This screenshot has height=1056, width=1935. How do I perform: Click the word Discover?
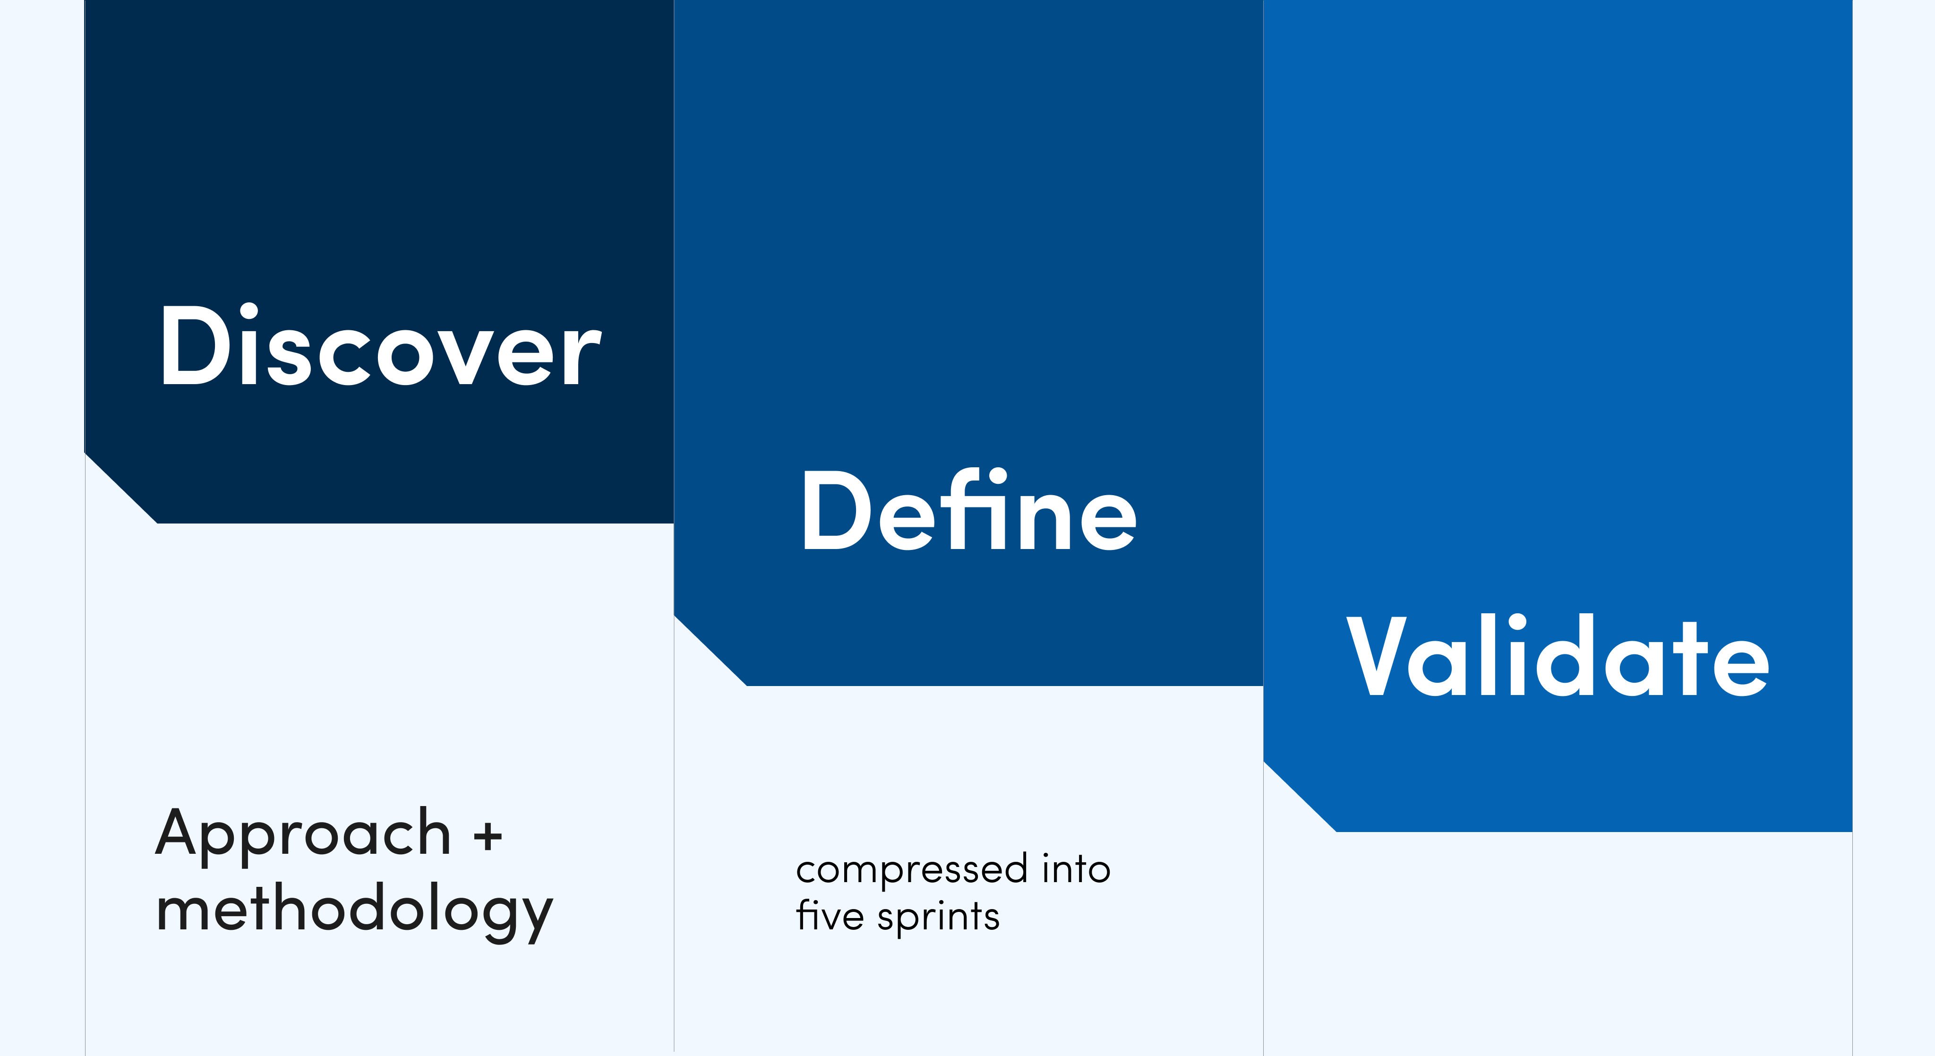coord(380,345)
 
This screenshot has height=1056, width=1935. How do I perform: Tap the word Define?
coord(969,509)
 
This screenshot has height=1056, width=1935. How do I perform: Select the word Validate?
coord(1557,655)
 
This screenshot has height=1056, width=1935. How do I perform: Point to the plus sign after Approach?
coord(488,835)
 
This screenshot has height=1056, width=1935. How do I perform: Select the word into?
coord(1076,868)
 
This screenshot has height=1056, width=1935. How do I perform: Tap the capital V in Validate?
coord(1375,655)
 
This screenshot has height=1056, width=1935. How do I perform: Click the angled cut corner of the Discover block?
coord(120,488)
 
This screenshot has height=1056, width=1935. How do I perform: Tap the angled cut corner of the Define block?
coord(710,651)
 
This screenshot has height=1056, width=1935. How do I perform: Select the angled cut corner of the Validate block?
coord(1300,796)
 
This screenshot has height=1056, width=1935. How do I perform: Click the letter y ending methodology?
coord(532,920)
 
